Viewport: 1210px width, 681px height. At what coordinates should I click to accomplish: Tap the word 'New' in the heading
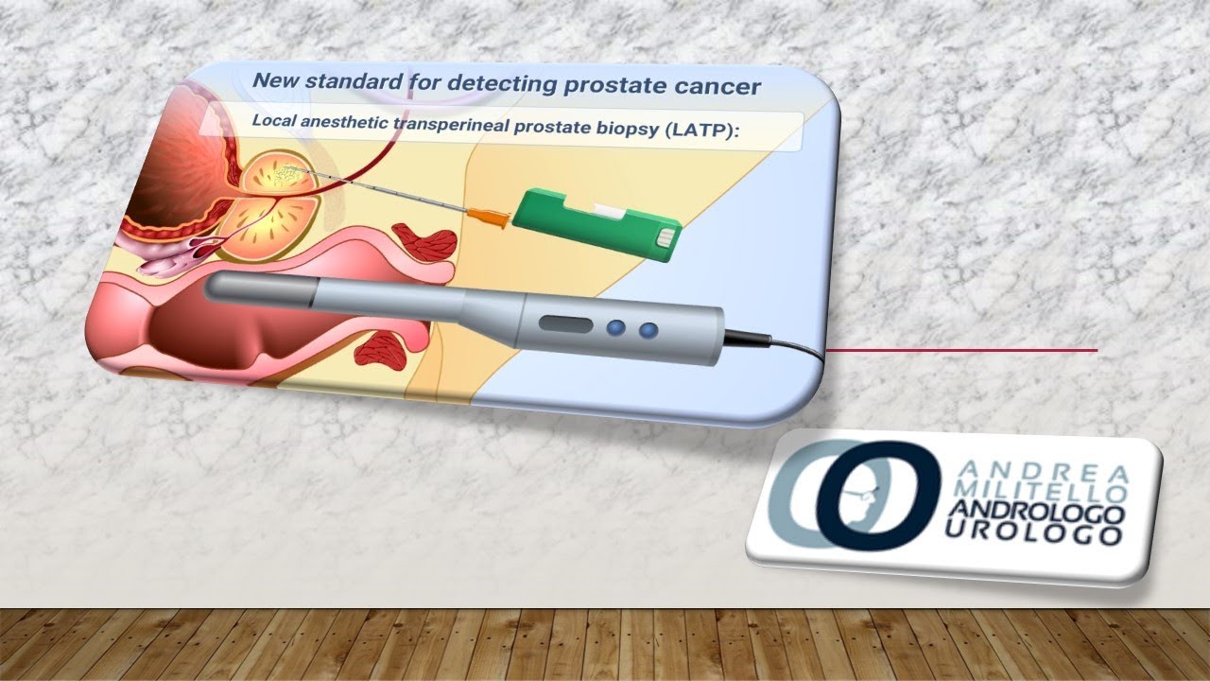276,80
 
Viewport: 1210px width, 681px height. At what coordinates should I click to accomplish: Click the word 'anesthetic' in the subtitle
355,125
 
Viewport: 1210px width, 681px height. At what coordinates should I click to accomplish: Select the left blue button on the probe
617,328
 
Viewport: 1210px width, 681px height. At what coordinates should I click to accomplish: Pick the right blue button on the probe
648,330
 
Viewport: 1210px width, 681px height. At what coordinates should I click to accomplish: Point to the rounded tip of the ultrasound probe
214,288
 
